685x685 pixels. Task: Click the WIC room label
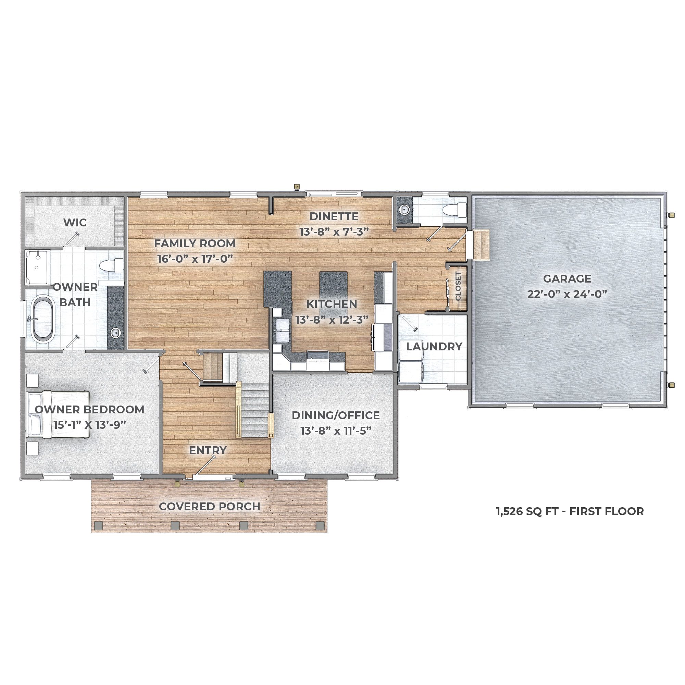[x=75, y=222]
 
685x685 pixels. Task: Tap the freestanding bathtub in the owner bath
[x=43, y=319]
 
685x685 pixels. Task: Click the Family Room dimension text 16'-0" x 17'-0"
[x=195, y=259]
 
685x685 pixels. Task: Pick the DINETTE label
[x=334, y=216]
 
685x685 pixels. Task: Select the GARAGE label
[x=567, y=279]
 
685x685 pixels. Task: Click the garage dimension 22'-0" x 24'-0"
[x=567, y=294]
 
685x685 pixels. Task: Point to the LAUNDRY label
[x=434, y=346]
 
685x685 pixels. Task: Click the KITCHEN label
[x=332, y=304]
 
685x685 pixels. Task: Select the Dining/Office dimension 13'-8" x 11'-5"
[x=336, y=431]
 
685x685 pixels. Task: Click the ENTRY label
[x=208, y=450]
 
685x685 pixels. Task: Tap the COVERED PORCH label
[x=209, y=507]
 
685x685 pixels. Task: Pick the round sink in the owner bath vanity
[x=115, y=333]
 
